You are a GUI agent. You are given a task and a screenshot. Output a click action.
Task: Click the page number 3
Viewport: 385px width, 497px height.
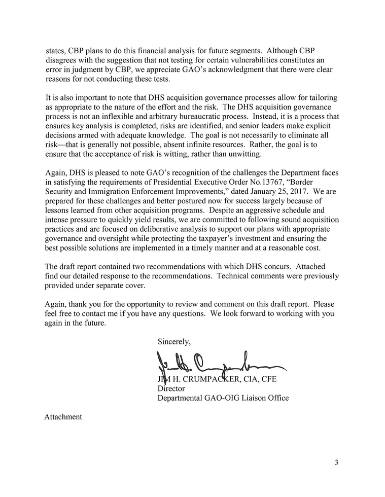pos(336,462)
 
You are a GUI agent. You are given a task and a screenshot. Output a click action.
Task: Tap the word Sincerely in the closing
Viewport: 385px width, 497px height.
pos(174,342)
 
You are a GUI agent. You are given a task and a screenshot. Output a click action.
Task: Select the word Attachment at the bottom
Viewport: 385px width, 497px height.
pos(63,417)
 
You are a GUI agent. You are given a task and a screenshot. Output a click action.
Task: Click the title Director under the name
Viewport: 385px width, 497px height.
pos(171,388)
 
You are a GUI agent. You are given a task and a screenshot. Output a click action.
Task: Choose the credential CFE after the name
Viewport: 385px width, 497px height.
pos(266,379)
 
